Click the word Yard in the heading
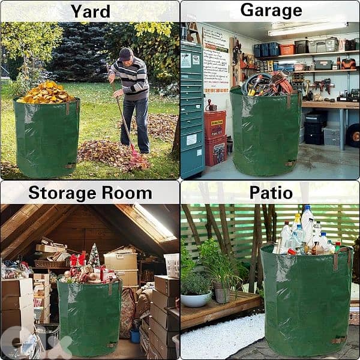[90, 11]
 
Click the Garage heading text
[271, 10]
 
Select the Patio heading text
[271, 193]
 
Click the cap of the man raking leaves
[125, 54]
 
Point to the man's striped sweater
[133, 78]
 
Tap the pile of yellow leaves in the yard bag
[47, 92]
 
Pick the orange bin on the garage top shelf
[287, 49]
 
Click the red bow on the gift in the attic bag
[74, 260]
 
